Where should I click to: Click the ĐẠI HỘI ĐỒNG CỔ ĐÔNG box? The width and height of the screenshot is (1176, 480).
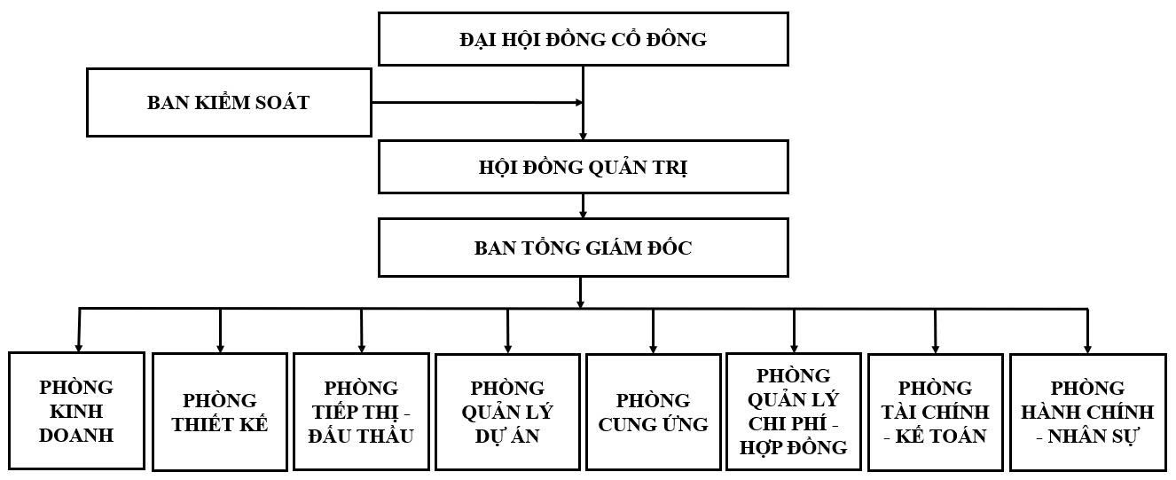[583, 39]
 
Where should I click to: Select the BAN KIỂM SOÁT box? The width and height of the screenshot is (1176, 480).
[229, 102]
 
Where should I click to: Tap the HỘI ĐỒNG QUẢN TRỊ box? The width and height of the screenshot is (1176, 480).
[583, 168]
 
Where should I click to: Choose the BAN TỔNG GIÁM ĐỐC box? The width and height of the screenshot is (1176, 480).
[583, 248]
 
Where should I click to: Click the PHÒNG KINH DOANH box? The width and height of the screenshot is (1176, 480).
[76, 411]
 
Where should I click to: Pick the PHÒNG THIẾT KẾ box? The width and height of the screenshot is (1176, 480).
[220, 412]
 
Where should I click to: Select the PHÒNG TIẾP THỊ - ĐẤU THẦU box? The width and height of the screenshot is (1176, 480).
[362, 412]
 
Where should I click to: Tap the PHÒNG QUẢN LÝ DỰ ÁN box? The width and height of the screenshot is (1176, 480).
[507, 412]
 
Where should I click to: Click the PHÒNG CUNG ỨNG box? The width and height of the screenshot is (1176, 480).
[653, 412]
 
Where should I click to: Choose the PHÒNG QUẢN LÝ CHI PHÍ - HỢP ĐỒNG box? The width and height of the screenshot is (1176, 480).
[794, 412]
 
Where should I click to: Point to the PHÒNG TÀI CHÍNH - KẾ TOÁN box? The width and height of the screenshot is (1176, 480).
[935, 412]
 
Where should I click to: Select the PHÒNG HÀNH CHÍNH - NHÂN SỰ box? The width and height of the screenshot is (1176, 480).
[1087, 412]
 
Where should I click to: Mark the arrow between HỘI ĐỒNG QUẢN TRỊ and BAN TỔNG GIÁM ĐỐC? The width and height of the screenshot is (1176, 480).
[583, 206]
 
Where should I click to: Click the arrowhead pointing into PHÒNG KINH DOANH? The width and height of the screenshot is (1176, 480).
[79, 347]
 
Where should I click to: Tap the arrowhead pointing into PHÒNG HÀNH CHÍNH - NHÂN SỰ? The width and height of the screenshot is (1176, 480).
[1087, 349]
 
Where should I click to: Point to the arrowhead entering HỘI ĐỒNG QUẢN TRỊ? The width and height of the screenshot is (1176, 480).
[583, 136]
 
